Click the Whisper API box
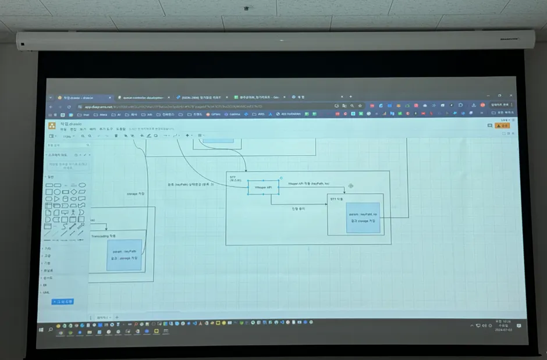point(263,187)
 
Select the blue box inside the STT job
point(363,218)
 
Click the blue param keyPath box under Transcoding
point(125,255)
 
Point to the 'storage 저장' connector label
point(136,194)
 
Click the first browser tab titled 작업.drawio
point(79,97)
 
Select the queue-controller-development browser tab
point(143,97)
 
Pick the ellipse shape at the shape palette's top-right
point(82,185)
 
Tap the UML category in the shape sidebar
point(47,293)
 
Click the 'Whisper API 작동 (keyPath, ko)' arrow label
point(308,183)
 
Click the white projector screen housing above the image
point(273,40)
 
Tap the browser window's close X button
point(510,96)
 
